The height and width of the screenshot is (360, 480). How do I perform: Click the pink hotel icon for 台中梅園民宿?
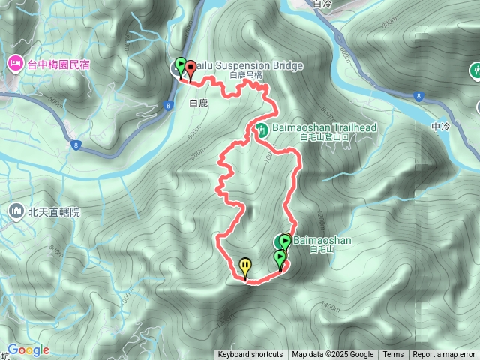pos(14,64)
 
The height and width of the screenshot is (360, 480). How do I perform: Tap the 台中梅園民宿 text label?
pos(58,64)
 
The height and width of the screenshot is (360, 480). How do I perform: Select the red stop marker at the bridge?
pos(190,69)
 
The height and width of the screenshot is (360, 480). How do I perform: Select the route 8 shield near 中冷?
pos(418,95)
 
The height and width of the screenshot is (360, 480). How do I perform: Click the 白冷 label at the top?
pos(321,4)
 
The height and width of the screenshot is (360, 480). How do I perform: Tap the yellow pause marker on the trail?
pos(245,265)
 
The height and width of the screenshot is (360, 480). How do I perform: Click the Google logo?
pos(28,349)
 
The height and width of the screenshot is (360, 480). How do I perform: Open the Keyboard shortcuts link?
pos(250,355)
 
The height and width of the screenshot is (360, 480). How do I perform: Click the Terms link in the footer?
pos(393,355)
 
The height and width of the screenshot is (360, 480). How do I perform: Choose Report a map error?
pos(444,355)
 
